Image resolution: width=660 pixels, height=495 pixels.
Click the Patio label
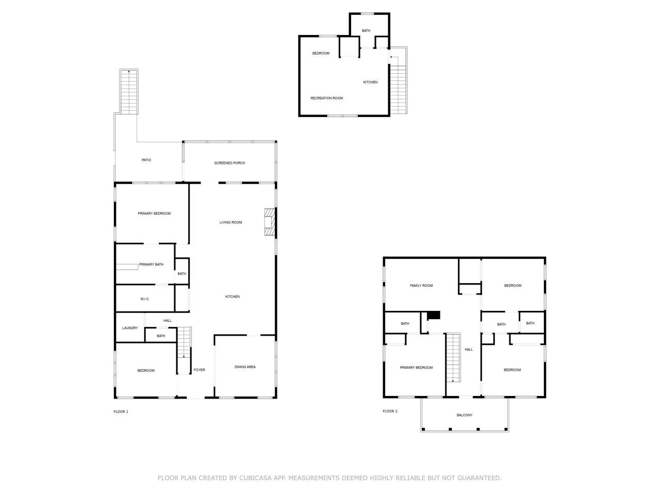click(x=146, y=160)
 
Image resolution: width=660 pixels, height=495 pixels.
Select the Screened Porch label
click(x=229, y=163)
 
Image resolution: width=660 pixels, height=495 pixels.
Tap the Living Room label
click(x=230, y=222)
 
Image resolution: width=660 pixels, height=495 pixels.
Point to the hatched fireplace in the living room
click(x=270, y=222)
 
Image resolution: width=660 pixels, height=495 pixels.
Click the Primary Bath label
click(x=151, y=265)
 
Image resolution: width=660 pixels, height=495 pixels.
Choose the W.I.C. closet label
click(x=145, y=299)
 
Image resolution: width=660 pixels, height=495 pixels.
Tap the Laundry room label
click(x=130, y=328)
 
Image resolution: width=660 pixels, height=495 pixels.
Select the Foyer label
click(x=199, y=370)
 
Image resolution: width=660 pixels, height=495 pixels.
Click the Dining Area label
click(x=245, y=367)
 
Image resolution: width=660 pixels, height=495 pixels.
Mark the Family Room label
click(x=421, y=286)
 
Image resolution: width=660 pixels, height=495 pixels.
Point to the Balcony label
click(x=464, y=415)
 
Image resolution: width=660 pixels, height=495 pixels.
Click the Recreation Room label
click(x=326, y=98)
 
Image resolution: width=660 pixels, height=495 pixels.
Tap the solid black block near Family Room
click(x=434, y=315)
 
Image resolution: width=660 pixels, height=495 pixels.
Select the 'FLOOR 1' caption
click(x=121, y=411)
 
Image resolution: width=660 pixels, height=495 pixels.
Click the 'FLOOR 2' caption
click(x=390, y=411)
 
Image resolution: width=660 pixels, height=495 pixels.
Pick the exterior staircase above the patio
click(x=129, y=92)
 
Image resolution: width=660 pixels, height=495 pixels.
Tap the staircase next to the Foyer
click(x=184, y=342)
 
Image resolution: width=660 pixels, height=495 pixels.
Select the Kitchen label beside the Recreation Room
click(x=370, y=82)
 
